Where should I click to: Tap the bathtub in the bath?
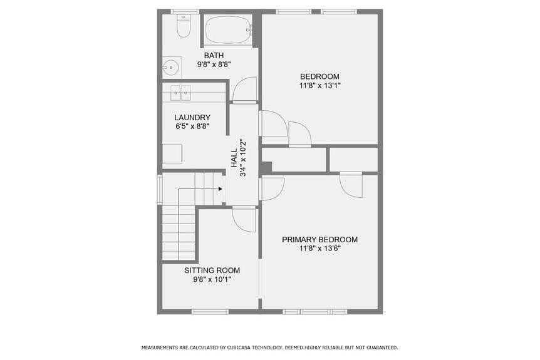pyautogui.click(x=229, y=29)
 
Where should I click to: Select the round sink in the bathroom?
pyautogui.click(x=171, y=66)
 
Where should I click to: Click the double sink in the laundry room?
pyautogui.click(x=180, y=92)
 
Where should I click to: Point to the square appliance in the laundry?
pyautogui.click(x=172, y=154)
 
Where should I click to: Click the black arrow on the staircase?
pyautogui.click(x=221, y=188)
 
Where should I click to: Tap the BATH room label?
pyautogui.click(x=214, y=56)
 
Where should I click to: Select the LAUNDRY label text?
pyautogui.click(x=192, y=117)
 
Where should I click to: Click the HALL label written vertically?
pyautogui.click(x=234, y=158)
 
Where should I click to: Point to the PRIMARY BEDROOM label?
pyautogui.click(x=319, y=240)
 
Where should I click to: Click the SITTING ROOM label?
pyautogui.click(x=212, y=270)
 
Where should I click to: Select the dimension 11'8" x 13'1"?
pyautogui.click(x=319, y=85)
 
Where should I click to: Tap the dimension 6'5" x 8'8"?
pyautogui.click(x=192, y=126)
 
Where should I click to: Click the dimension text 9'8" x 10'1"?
pyautogui.click(x=212, y=280)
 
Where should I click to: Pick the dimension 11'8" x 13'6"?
pyautogui.click(x=319, y=249)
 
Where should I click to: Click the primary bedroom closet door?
pyautogui.click(x=351, y=185)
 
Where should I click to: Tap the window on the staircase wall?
pyautogui.click(x=159, y=189)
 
